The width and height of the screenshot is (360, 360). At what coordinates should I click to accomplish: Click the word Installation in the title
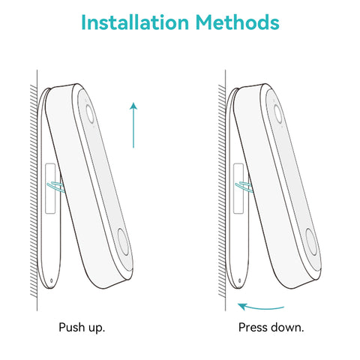[x=135, y=22]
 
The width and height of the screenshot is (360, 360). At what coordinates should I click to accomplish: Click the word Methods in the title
[x=237, y=22]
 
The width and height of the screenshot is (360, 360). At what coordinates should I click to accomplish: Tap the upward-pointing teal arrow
[x=133, y=125]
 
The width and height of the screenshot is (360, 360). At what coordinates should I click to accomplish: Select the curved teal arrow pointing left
[x=261, y=307]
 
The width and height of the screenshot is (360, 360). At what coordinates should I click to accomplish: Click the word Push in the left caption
[x=69, y=327]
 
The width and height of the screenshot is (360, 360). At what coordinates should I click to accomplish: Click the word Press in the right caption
[x=253, y=327]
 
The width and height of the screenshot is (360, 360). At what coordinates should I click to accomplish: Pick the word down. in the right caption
[x=286, y=327]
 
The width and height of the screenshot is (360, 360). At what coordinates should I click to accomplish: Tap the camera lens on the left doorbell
[x=90, y=114]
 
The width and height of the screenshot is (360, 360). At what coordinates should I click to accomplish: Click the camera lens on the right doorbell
[x=278, y=114]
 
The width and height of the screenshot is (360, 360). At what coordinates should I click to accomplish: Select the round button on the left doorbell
[x=124, y=241]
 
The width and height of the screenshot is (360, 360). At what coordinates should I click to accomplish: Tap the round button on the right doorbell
[x=311, y=241]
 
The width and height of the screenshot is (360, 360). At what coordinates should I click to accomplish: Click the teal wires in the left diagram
[x=55, y=187]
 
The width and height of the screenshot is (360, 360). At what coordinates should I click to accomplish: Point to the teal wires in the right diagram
[x=244, y=187]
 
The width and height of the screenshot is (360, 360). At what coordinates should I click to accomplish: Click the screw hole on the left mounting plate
[x=52, y=280]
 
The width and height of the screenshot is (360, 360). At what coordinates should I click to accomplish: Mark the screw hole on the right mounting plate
[x=239, y=280]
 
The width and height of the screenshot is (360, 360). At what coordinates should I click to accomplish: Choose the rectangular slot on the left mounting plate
[x=50, y=188]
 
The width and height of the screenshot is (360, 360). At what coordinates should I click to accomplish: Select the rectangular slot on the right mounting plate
[x=238, y=188]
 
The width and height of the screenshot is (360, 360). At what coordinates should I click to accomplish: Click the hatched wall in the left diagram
[x=34, y=190]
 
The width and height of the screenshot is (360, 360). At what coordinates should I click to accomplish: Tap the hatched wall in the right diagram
[x=222, y=190]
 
